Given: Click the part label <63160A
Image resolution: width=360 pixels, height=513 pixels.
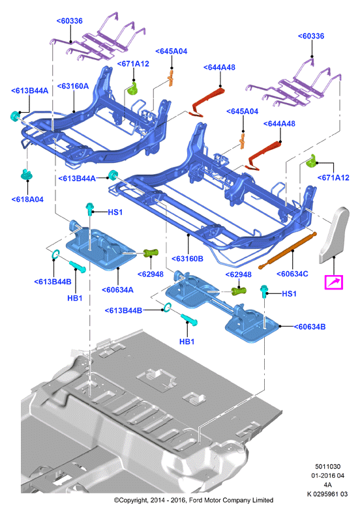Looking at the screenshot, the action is [73, 86].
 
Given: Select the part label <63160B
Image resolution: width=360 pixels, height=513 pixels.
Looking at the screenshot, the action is [188, 259].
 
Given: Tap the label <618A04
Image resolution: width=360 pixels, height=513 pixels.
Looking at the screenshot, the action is [27, 199].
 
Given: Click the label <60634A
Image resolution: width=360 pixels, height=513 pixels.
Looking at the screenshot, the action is [117, 290].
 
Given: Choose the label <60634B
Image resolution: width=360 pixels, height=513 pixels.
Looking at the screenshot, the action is [310, 327].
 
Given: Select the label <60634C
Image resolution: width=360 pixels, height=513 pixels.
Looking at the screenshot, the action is [292, 274].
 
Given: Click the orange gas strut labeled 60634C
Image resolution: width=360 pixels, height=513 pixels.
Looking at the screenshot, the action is [288, 250].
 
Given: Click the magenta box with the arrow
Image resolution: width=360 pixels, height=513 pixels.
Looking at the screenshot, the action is [333, 282].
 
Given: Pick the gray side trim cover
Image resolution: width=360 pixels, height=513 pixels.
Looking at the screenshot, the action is [334, 235].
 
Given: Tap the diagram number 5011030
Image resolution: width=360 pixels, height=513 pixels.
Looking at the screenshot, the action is [327, 467].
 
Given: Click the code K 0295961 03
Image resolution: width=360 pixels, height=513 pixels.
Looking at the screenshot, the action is [327, 494].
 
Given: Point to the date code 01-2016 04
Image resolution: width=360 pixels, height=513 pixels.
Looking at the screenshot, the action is [327, 476].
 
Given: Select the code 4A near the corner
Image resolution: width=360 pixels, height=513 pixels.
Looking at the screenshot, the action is [327, 485].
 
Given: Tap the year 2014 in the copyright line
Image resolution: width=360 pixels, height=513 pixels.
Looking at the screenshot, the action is [157, 500].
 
